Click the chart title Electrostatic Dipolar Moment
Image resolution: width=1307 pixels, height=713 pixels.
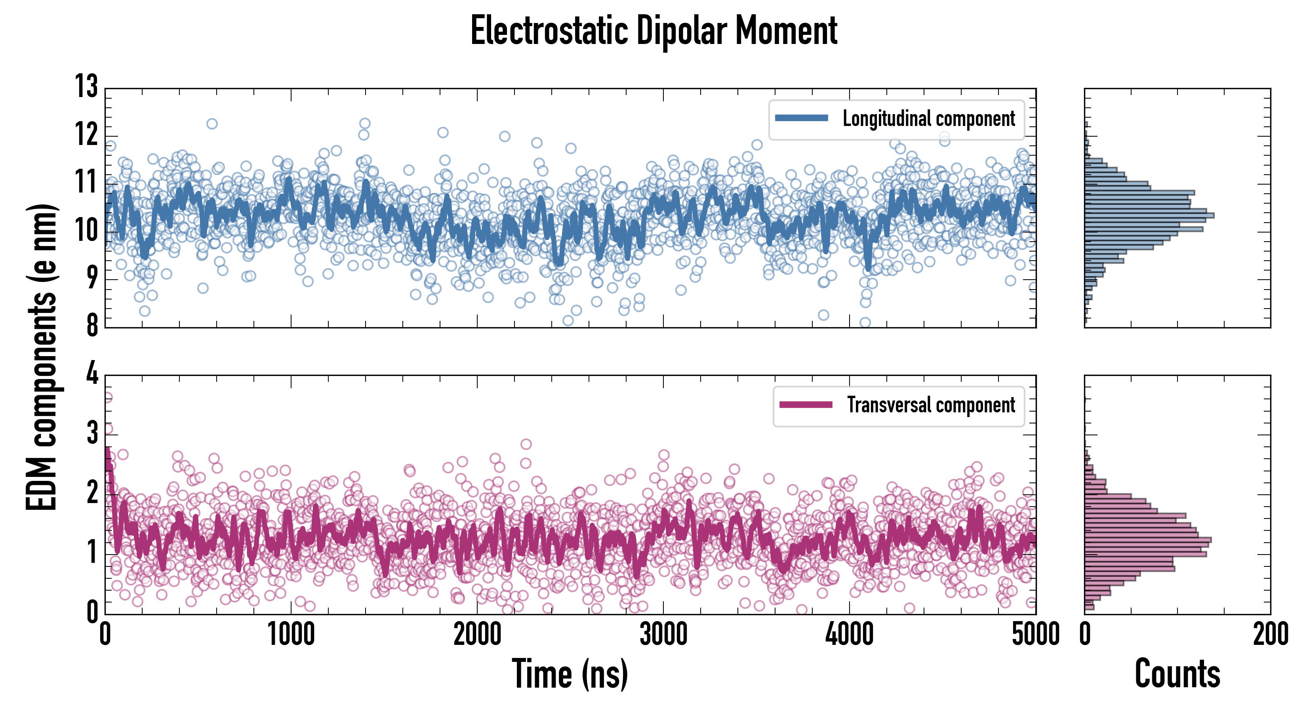tap(653, 31)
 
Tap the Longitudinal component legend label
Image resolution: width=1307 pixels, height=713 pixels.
tap(928, 119)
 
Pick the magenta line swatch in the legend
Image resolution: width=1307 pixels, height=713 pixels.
tap(806, 405)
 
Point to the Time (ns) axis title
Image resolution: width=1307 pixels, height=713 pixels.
tap(570, 674)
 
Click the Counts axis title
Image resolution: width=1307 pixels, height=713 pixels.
tap(1177, 674)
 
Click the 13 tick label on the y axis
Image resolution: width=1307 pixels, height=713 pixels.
tap(87, 86)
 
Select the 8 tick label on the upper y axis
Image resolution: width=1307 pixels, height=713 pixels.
tap(92, 325)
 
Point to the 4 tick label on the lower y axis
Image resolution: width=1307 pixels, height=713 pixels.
tap(92, 374)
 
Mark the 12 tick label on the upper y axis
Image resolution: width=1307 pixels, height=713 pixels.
tap(87, 135)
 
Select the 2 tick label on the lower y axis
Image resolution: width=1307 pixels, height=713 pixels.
tap(92, 493)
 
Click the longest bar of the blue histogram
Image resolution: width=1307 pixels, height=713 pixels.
tap(1149, 215)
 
